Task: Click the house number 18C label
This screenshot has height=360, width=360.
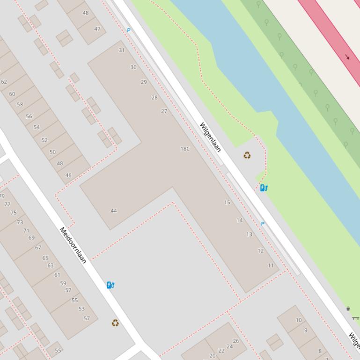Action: (185, 149)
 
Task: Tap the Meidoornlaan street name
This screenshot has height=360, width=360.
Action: (73, 245)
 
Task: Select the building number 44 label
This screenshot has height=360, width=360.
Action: (114, 210)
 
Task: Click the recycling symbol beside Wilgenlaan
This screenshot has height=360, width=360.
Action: (247, 155)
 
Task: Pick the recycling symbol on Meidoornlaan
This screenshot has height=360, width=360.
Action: (115, 323)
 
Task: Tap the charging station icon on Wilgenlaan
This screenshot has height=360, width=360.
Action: (264, 187)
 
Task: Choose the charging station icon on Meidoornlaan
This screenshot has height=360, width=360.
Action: (110, 285)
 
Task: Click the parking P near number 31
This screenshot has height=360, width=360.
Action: (129, 30)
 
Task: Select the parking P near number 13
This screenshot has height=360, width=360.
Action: (263, 224)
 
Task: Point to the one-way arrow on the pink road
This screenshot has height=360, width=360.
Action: (347, 57)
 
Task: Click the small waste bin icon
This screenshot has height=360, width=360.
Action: (348, 309)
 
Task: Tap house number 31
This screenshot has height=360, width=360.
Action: (122, 50)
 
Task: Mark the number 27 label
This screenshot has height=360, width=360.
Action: (164, 111)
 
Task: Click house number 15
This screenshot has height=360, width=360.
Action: (227, 202)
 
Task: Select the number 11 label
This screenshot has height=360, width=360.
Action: (271, 265)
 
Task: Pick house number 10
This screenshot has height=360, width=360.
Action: (299, 320)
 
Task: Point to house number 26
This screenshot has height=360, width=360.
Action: (236, 340)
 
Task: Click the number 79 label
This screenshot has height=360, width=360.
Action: (2, 196)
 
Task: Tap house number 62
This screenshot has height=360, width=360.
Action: (4, 82)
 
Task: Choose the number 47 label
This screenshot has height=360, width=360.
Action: (97, 29)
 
